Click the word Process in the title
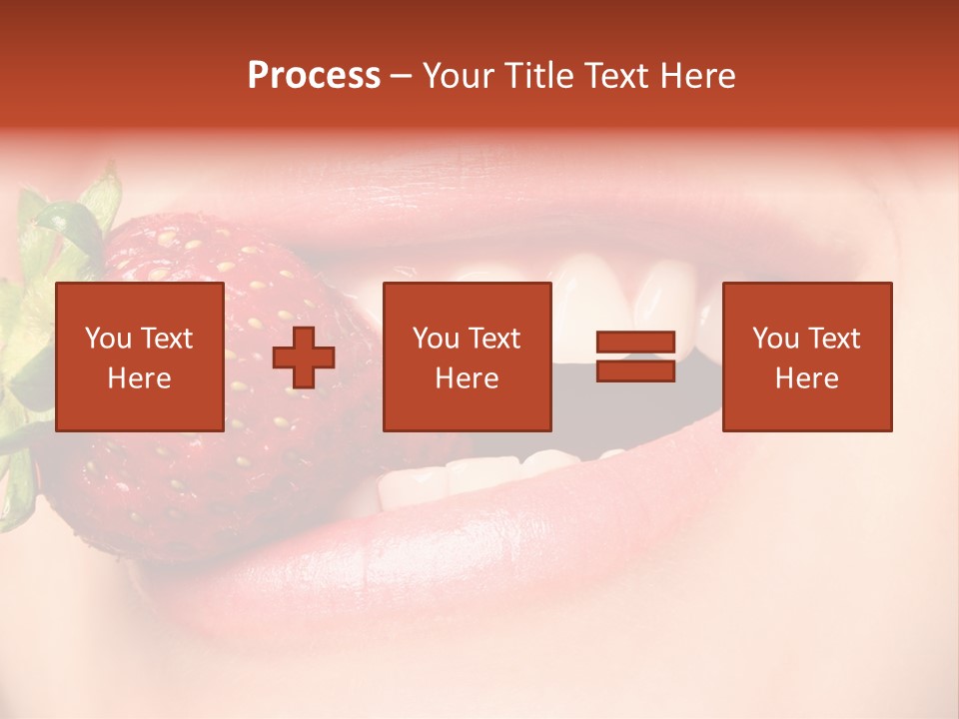(314, 76)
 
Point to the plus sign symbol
(304, 357)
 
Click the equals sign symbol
(635, 357)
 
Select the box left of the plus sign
(139, 357)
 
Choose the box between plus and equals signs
(467, 357)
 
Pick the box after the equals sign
(806, 357)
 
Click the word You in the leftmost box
(107, 339)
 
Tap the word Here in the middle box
(467, 378)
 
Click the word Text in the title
(616, 76)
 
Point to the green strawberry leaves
(50, 240)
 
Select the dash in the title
(401, 77)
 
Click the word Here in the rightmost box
(806, 378)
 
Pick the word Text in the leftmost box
(166, 339)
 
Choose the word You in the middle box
(436, 339)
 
